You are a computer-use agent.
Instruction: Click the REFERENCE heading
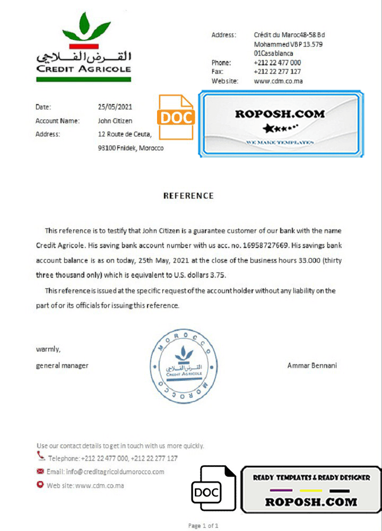click(x=188, y=195)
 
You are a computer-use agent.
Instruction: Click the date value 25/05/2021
click(x=115, y=107)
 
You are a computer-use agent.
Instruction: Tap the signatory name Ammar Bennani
click(x=312, y=365)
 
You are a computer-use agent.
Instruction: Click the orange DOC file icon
click(x=176, y=117)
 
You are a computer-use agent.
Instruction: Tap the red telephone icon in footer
click(x=41, y=456)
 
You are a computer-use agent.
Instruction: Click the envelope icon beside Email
click(x=40, y=471)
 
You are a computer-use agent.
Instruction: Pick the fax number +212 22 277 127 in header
click(x=277, y=72)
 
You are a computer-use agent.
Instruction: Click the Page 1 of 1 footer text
click(x=203, y=526)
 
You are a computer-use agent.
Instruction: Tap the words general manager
click(x=62, y=365)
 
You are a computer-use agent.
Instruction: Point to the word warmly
click(x=48, y=349)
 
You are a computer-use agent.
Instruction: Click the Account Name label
click(x=57, y=121)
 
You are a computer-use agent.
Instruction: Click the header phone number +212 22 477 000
click(x=277, y=63)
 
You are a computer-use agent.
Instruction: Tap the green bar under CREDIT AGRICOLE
click(x=83, y=79)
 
